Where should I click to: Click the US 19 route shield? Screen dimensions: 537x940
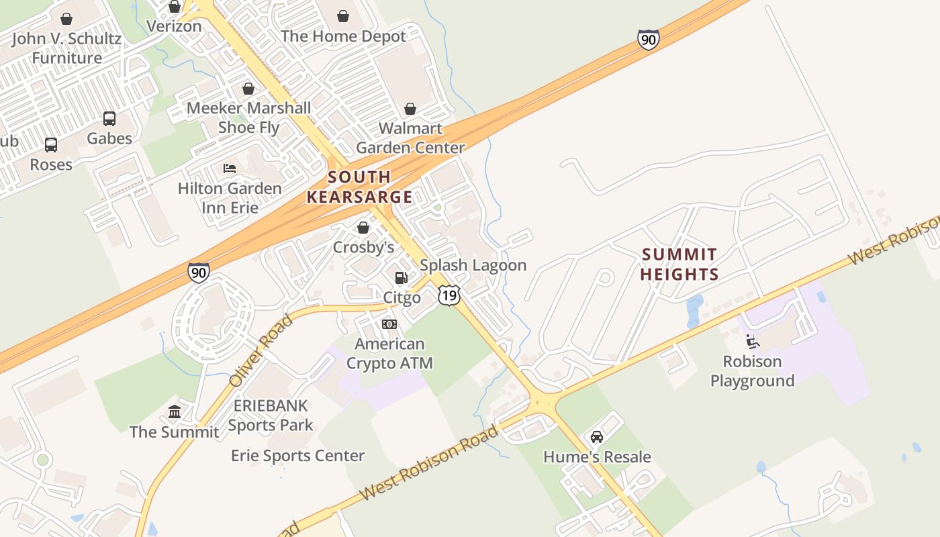(x=449, y=295)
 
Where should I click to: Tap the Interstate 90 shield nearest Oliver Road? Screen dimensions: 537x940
(x=198, y=273)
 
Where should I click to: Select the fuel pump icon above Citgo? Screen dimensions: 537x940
(x=402, y=277)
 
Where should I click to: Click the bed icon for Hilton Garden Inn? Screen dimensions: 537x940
(x=230, y=168)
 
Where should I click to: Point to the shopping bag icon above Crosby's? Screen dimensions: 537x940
(x=363, y=228)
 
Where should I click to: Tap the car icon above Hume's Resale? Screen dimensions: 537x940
(x=596, y=437)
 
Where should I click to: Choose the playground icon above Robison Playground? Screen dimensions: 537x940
(x=753, y=342)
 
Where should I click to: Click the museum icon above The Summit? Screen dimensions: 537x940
(x=175, y=411)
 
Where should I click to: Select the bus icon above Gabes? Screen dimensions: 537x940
(x=109, y=119)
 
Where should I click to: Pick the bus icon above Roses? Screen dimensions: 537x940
(x=51, y=144)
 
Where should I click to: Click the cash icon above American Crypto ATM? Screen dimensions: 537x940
(x=389, y=324)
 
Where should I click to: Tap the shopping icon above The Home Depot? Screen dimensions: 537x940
(x=343, y=16)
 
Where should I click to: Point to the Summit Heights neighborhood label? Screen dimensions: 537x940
(x=679, y=264)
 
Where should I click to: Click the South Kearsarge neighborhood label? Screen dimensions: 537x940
(x=359, y=187)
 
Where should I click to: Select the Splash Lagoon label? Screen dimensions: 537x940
(x=473, y=265)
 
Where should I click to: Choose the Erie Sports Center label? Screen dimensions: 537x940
(x=298, y=456)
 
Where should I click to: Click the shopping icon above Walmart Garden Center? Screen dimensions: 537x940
(x=410, y=109)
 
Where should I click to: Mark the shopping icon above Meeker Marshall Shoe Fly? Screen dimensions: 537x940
(x=248, y=89)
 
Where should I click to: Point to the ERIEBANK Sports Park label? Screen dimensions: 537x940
(x=271, y=416)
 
